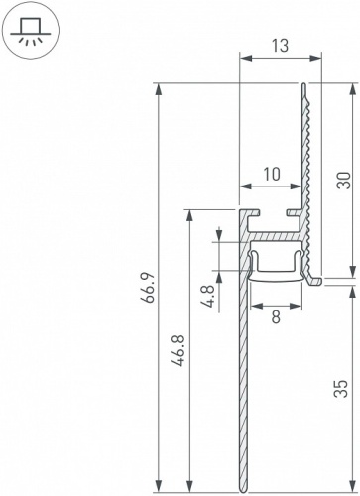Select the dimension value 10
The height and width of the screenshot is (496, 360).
(x=271, y=174)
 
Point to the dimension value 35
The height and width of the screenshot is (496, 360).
(x=343, y=388)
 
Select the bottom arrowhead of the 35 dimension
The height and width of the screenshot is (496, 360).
(x=353, y=488)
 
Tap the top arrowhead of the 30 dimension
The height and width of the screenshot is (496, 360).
(x=353, y=88)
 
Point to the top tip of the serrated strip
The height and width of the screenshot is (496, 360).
(x=303, y=86)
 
